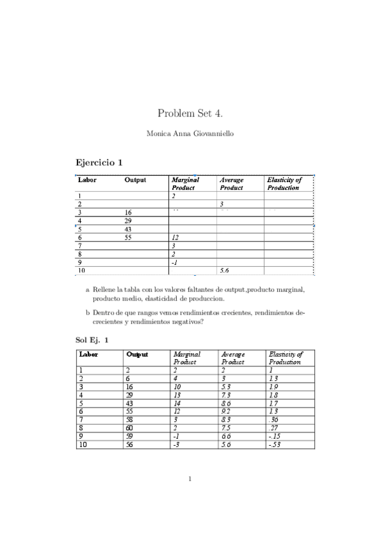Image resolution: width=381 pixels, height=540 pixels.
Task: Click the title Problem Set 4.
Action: pos(190,113)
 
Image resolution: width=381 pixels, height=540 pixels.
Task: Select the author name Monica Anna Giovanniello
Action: pos(190,134)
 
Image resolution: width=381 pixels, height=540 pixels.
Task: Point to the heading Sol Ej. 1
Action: pos(92,340)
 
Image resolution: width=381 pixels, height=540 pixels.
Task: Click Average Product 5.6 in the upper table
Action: pos(224,271)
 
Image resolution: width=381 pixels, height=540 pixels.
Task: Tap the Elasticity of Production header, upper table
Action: pos(284,183)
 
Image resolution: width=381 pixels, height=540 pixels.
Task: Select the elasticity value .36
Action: pos(274,420)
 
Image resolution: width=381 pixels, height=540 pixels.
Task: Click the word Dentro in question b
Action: pos(103,313)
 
